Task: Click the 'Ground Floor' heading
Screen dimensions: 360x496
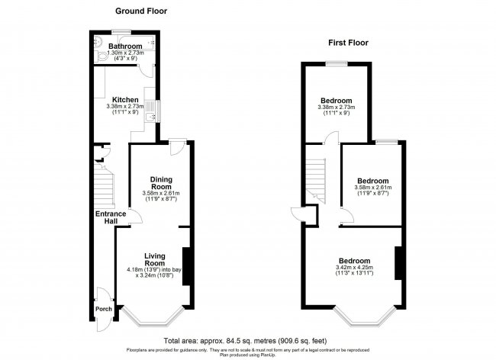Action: point(141,11)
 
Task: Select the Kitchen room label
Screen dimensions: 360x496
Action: point(124,100)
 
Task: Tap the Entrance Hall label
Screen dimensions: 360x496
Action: point(110,220)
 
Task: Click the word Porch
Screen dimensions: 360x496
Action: point(103,310)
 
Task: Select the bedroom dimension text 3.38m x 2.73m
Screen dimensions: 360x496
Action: point(336,108)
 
